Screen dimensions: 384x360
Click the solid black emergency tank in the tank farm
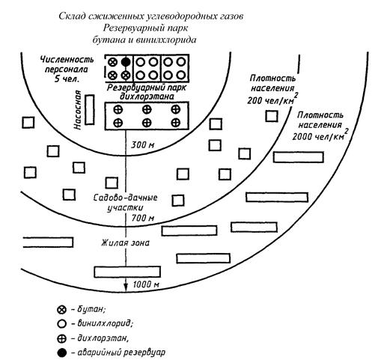[126, 61]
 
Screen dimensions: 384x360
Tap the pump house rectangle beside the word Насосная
[90, 109]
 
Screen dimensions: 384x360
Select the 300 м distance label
[143, 144]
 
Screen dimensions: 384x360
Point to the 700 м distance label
[143, 218]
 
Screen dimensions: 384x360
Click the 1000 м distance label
[146, 284]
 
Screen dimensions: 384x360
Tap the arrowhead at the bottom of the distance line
[126, 288]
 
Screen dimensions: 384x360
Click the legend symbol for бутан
[61, 310]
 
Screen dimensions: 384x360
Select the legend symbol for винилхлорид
[61, 324]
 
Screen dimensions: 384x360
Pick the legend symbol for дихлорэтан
[61, 338]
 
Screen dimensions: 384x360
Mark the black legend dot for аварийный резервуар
[61, 353]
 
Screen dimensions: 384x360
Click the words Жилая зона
[125, 242]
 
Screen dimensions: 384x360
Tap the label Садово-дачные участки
[125, 203]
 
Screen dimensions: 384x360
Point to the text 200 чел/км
[270, 100]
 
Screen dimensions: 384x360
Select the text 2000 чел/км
[318, 137]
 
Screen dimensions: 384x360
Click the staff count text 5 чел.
[67, 79]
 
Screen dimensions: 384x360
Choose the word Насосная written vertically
[78, 110]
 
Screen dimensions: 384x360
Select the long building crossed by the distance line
[127, 272]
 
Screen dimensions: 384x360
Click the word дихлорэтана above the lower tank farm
[147, 97]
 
